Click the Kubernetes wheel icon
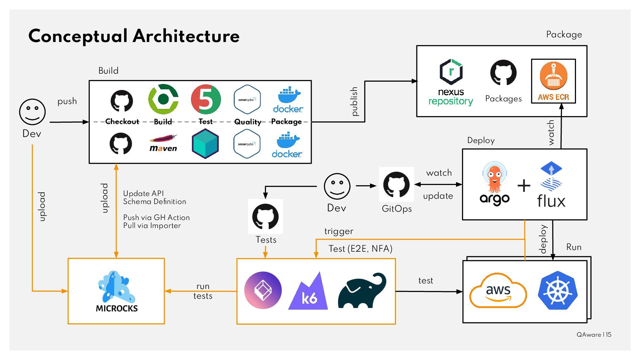pos(557,290)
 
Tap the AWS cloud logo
pos(498,291)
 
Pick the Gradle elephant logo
pos(362,291)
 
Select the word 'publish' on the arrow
pos(354,101)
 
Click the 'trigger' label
pos(339,231)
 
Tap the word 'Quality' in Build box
pos(248,122)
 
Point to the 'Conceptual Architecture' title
pos(134,36)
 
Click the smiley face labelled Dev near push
pos(32,112)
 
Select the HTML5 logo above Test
pos(206,99)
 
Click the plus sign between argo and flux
pos(524,186)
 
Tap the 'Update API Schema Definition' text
pos(154,197)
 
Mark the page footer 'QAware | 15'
pos(594,335)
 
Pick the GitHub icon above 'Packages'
pos(503,73)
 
